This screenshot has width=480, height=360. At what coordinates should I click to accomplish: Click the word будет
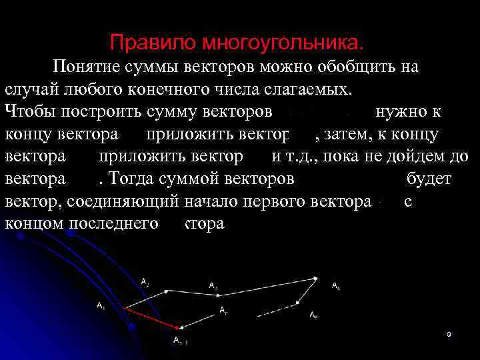click(427, 179)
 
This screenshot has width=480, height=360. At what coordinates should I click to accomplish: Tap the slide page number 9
click(449, 334)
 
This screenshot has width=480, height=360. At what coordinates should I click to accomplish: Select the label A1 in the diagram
click(101, 307)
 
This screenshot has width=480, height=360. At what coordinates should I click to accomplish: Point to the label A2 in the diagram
click(145, 283)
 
